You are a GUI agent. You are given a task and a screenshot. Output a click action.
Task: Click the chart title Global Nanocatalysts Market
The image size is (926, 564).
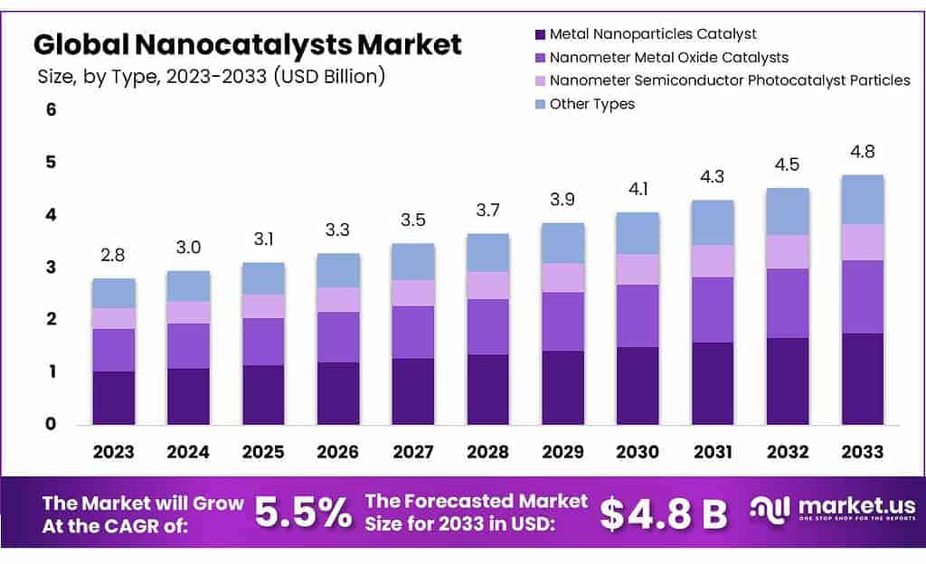(x=248, y=43)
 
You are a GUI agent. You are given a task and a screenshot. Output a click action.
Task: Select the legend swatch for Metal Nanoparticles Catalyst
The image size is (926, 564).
(x=541, y=34)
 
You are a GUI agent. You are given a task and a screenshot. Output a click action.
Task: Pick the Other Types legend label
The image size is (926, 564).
(x=592, y=104)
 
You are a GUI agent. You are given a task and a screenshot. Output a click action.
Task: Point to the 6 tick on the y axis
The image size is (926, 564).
(x=52, y=110)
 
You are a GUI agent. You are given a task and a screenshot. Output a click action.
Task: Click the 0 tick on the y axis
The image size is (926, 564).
(x=52, y=424)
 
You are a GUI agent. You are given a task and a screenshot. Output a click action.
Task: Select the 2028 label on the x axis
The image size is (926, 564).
(x=487, y=452)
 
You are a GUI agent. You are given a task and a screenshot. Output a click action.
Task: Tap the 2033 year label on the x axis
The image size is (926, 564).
(x=862, y=452)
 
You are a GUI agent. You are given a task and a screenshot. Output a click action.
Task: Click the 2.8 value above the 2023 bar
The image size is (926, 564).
(x=114, y=256)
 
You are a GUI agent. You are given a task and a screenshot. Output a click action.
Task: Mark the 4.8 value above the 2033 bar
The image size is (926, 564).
(x=862, y=152)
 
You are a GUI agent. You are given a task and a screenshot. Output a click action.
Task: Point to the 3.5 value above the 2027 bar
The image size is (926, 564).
(x=412, y=220)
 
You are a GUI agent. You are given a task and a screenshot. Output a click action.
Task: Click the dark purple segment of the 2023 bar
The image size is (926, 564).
(x=114, y=398)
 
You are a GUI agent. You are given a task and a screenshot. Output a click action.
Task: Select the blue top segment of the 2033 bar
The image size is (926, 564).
(x=862, y=199)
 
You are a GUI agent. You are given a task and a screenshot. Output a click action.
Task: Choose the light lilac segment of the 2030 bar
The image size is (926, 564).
(x=638, y=269)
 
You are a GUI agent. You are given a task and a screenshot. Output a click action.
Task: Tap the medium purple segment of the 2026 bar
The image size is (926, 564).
(x=338, y=337)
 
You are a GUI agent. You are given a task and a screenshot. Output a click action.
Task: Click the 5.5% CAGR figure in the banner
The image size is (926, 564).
(x=303, y=512)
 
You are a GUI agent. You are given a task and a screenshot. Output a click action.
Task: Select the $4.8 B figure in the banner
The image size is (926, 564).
(x=664, y=513)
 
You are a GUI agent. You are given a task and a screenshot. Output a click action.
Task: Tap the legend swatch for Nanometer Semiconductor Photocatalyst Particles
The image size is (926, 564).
(x=541, y=80)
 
